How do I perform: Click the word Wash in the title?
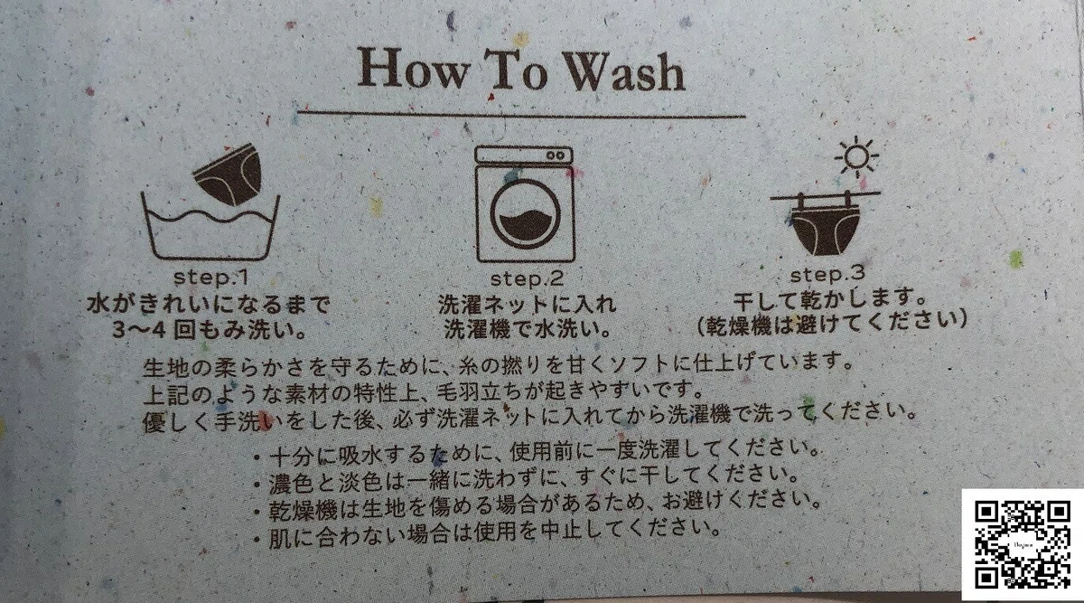(x=625, y=73)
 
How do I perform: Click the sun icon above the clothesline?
(x=856, y=156)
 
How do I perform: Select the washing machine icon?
(x=525, y=203)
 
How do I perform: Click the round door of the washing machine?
(x=526, y=214)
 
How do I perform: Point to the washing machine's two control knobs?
(x=556, y=156)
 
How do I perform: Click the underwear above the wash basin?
(x=229, y=174)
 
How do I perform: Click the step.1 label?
(x=211, y=278)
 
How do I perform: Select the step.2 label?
(x=527, y=278)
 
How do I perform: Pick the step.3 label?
(x=827, y=275)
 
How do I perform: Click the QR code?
(x=1022, y=545)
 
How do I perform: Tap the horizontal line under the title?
(x=521, y=114)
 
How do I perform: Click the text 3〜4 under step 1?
(x=140, y=330)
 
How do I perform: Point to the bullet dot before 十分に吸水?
(x=258, y=457)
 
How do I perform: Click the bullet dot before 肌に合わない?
(x=257, y=539)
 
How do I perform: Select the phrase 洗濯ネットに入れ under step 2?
(x=527, y=305)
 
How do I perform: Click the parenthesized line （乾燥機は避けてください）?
(x=831, y=323)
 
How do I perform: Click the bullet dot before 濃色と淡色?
(x=258, y=485)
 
